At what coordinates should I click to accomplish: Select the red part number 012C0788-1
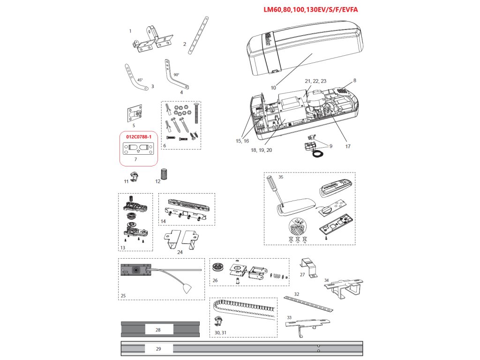click(138, 137)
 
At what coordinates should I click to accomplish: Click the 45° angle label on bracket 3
click(140, 80)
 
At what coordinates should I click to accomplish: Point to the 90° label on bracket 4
click(176, 75)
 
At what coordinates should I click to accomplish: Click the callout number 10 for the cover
click(273, 87)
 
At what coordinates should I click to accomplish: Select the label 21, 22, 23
click(315, 81)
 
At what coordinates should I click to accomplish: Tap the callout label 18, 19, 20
click(262, 150)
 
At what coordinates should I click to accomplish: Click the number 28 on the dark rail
click(158, 330)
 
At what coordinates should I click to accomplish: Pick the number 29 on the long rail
click(158, 349)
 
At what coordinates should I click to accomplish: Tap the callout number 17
click(348, 146)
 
